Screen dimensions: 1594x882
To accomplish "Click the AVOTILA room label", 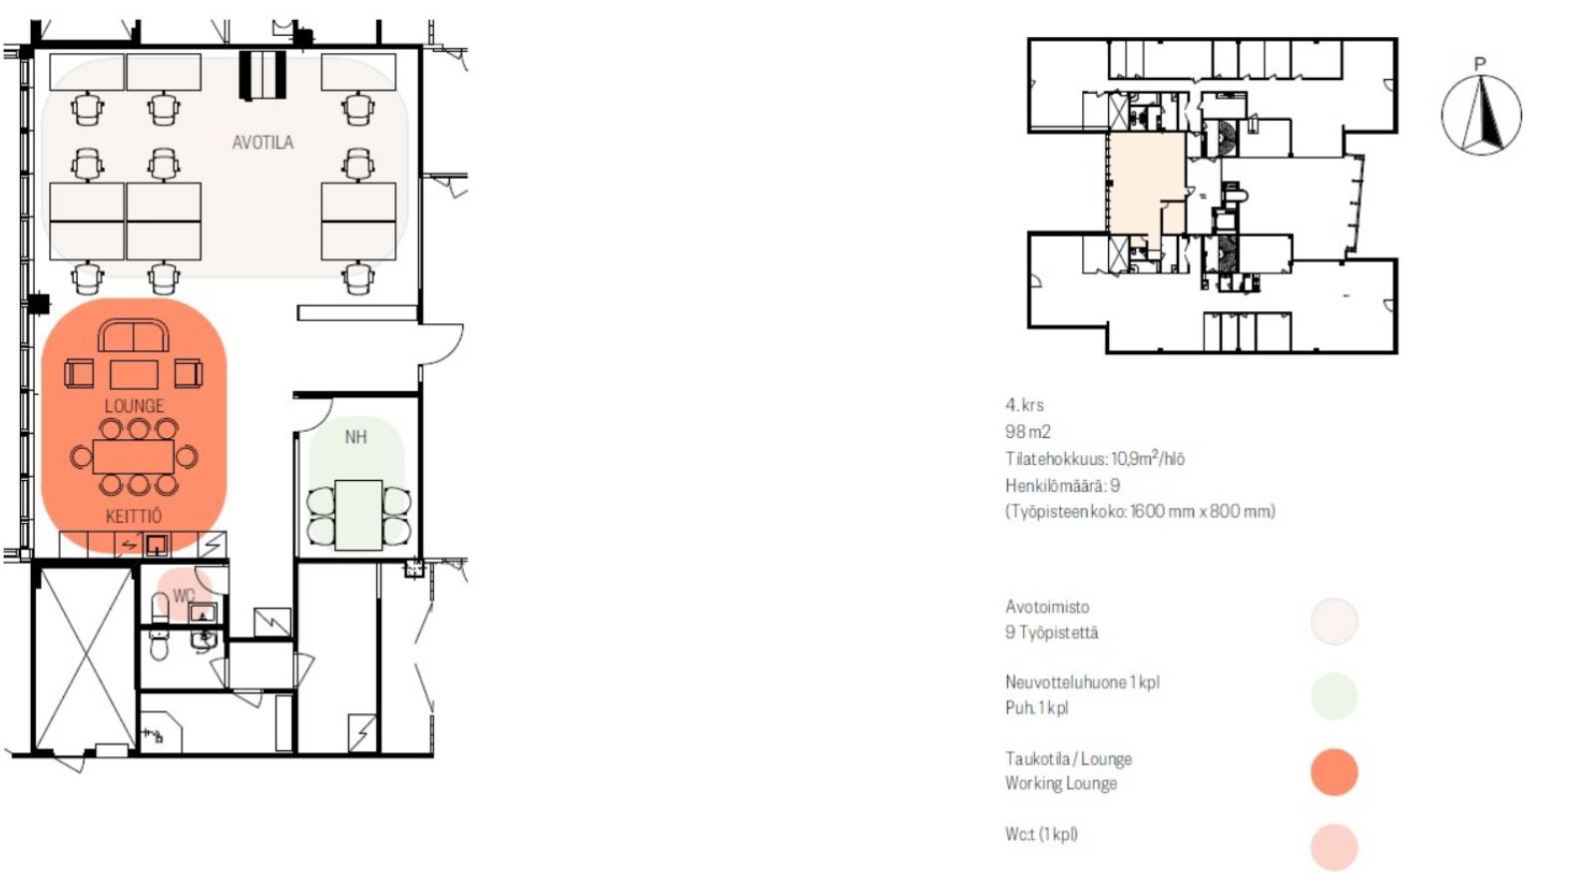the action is point(263,143).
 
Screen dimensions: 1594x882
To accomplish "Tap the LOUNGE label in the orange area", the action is point(134,406).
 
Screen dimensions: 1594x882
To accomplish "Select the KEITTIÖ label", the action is point(134,516).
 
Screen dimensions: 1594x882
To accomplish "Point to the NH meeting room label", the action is point(355,437).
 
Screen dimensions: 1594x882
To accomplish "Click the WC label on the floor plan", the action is point(183,596).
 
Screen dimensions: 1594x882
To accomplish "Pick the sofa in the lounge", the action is point(134,335).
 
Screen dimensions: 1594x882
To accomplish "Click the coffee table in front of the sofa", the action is point(134,375).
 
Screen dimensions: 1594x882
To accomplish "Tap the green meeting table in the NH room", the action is point(358,515).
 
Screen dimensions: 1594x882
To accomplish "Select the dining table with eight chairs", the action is point(134,457).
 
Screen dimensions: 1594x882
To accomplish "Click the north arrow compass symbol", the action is point(1481,115).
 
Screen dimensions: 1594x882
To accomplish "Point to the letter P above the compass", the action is point(1480,64).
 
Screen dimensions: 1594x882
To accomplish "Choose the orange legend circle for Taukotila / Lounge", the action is point(1334,772).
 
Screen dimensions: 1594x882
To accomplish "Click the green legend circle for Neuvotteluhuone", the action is point(1334,696).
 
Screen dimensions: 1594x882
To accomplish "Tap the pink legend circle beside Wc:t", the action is point(1334,847).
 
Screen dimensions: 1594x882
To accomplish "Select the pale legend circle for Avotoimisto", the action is point(1334,622).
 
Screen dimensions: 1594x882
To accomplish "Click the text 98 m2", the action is point(1027,432).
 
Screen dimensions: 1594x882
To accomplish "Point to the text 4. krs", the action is point(1024,405).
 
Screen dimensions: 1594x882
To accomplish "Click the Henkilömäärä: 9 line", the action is point(1062,486).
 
